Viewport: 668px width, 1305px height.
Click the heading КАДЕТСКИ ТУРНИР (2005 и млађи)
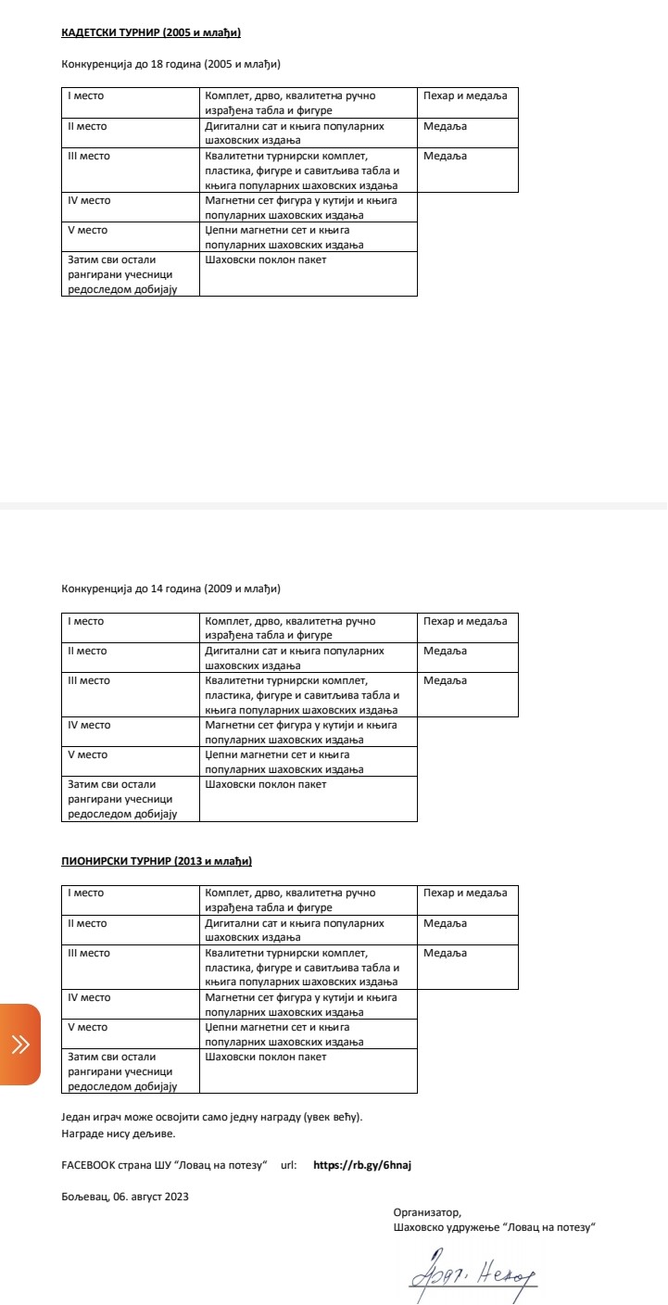click(151, 33)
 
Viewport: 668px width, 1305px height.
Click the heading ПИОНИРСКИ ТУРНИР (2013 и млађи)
click(157, 862)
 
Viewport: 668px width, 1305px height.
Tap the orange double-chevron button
click(20, 1045)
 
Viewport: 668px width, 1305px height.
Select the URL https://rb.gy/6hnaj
click(362, 1165)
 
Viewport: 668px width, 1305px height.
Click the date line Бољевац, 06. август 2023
click(125, 1197)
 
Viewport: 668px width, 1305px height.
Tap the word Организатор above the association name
click(426, 1212)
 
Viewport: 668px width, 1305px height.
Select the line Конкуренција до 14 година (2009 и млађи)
click(170, 589)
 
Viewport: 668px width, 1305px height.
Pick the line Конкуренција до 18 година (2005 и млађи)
click(170, 65)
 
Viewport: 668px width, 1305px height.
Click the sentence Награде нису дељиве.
click(118, 1133)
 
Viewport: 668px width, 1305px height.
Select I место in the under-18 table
click(86, 96)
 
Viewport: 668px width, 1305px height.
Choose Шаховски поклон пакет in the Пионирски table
click(265, 1058)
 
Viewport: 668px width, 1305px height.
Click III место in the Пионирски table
click(89, 953)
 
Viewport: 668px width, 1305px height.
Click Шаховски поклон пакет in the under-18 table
click(265, 260)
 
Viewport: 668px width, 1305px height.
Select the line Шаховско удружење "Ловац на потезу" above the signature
click(494, 1227)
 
